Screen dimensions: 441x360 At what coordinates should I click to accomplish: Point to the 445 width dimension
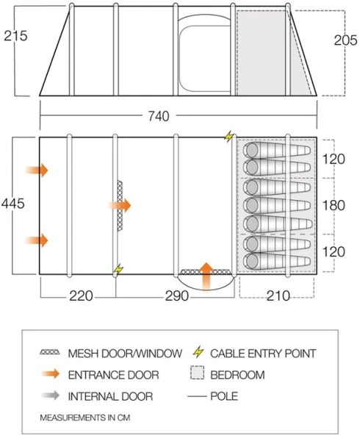coord(16,204)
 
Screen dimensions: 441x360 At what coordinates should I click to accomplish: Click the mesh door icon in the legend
coord(51,354)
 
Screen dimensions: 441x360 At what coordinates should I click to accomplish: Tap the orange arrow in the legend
coord(51,375)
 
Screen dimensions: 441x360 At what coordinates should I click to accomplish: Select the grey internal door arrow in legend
coord(51,396)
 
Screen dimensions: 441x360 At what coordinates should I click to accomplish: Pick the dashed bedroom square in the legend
coord(197,375)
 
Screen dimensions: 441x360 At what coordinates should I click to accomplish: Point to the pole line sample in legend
coord(197,396)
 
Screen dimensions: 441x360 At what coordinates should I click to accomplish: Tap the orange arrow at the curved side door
coord(207,274)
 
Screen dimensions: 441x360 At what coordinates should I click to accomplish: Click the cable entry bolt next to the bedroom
coord(228,137)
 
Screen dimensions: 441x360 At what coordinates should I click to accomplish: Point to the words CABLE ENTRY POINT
coord(263,354)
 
